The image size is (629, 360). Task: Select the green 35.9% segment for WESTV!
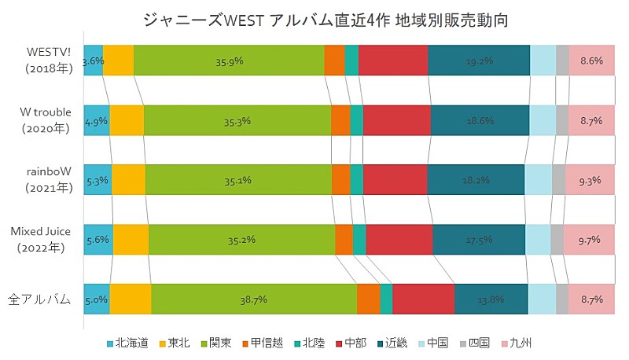coord(229,61)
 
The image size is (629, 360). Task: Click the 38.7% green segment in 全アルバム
coord(254,299)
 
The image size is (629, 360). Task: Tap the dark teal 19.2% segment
coord(479,61)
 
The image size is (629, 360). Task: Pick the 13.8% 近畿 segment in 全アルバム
coord(491,299)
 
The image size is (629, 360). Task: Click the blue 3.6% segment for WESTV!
coord(93,61)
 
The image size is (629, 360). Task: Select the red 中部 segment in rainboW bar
coord(395,180)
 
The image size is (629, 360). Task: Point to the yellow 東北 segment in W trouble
coord(127,120)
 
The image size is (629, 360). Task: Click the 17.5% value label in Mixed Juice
coord(479,240)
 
